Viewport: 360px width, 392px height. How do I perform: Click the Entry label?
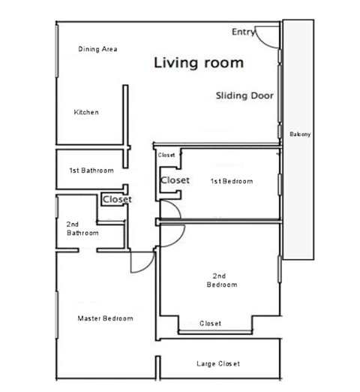(243, 32)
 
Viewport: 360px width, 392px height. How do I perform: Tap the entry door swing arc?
(264, 34)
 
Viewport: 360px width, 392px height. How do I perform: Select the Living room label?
(199, 63)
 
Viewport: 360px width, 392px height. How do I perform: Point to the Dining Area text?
(97, 50)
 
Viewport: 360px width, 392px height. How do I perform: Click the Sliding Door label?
(244, 96)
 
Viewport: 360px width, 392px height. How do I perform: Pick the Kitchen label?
(85, 113)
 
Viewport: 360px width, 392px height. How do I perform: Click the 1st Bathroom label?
(91, 170)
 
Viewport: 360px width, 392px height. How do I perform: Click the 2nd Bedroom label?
(222, 280)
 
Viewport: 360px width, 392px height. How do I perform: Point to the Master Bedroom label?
(106, 318)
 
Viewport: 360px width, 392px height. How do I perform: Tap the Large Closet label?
(217, 364)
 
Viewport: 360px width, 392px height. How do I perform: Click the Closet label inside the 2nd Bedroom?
(211, 324)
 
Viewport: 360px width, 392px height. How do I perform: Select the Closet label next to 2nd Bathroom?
(116, 200)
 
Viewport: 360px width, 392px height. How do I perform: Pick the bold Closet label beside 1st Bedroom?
(175, 181)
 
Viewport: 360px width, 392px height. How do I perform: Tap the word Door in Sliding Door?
(262, 96)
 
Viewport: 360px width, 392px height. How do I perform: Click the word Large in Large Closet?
(205, 364)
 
